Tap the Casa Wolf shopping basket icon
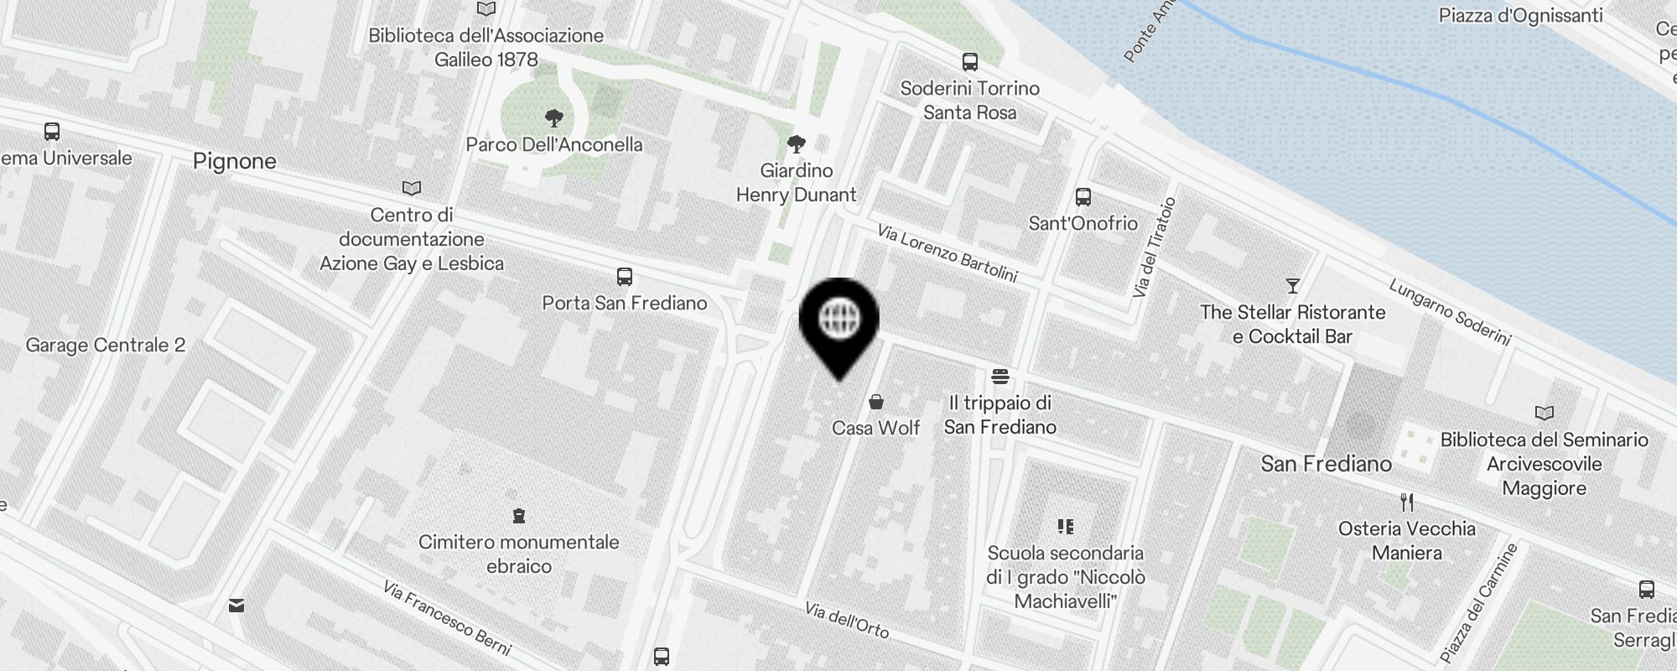876,402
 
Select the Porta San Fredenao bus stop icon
624,277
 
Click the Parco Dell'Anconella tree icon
553,117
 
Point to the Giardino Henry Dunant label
796,183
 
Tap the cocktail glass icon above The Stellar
1292,286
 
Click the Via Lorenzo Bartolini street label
947,252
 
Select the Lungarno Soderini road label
1450,312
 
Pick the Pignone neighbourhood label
234,161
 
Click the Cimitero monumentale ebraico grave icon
518,515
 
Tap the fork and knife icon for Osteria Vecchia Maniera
1406,502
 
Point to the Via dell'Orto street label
846,620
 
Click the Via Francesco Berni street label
446,617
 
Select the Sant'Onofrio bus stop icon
1083,197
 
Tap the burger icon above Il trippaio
999,376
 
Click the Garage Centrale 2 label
106,345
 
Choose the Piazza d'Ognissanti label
1520,15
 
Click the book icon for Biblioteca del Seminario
1544,413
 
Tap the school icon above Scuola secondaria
1065,527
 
